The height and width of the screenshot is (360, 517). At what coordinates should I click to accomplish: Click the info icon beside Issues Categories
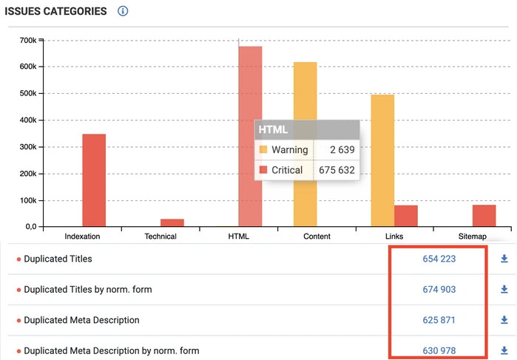click(123, 11)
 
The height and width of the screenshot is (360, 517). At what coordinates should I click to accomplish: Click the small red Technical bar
click(172, 223)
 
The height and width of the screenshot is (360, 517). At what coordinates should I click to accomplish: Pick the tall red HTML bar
click(250, 89)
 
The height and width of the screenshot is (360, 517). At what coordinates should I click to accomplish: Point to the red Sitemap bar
click(484, 216)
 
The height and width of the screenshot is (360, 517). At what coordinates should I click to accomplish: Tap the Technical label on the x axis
click(160, 237)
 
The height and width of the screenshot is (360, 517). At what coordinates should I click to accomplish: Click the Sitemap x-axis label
click(472, 237)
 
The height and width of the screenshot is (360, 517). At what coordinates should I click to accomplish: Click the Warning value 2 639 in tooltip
click(342, 149)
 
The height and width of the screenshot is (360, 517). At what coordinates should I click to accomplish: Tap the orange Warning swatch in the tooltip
click(263, 150)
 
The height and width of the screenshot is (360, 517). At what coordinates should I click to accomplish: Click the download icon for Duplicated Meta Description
click(504, 320)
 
